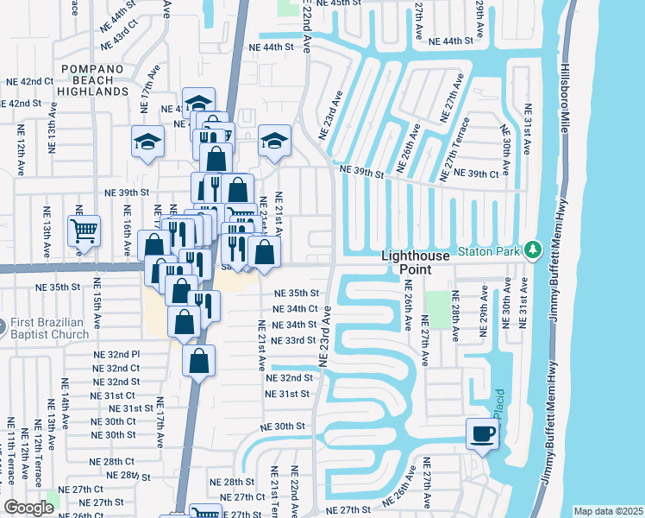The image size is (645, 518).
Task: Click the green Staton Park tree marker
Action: [534, 250]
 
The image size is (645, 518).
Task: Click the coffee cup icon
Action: [482, 433]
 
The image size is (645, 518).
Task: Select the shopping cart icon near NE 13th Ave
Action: [85, 231]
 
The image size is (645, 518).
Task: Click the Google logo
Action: [28, 508]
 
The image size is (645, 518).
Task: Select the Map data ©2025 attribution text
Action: [608, 511]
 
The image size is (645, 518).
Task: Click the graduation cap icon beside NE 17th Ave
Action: [147, 142]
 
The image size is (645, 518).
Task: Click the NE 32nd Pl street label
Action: [116, 354]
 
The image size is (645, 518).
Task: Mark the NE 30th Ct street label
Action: [114, 421]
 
